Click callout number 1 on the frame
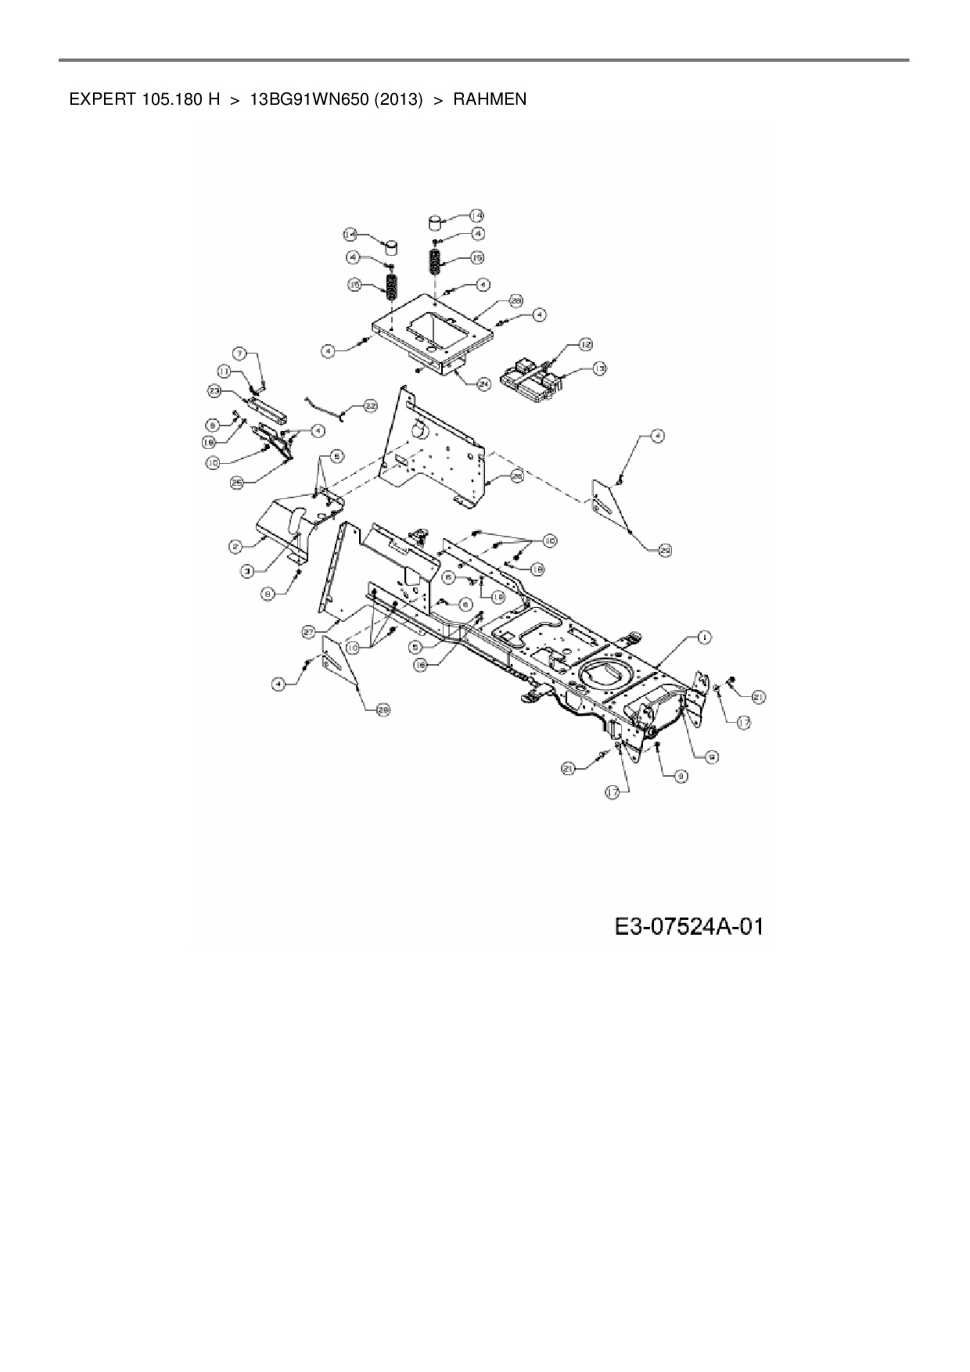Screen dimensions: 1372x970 [704, 638]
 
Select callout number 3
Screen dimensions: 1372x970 [247, 572]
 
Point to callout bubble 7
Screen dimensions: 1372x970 [239, 353]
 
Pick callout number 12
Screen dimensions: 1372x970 [586, 344]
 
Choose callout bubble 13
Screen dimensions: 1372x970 [599, 368]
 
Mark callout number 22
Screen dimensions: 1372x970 [370, 406]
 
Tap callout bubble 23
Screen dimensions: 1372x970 [214, 390]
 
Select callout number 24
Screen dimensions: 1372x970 [483, 383]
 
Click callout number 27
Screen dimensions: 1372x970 [308, 630]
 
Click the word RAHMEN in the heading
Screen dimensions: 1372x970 [490, 99]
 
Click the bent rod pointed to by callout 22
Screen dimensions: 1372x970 [325, 405]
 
